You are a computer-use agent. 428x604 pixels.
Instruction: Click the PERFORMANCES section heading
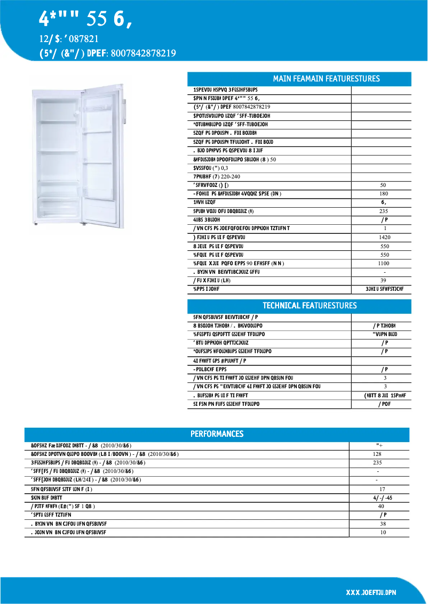[217, 434]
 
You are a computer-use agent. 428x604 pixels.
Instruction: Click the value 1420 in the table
[383, 238]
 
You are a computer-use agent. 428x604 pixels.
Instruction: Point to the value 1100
[383, 264]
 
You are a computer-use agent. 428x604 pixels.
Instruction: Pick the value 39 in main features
[383, 281]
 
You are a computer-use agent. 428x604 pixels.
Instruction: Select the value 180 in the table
[383, 194]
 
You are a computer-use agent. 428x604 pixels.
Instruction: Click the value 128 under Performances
[378, 454]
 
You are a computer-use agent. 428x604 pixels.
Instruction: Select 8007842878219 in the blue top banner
[143, 53]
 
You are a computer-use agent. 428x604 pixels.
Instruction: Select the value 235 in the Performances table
[378, 463]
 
